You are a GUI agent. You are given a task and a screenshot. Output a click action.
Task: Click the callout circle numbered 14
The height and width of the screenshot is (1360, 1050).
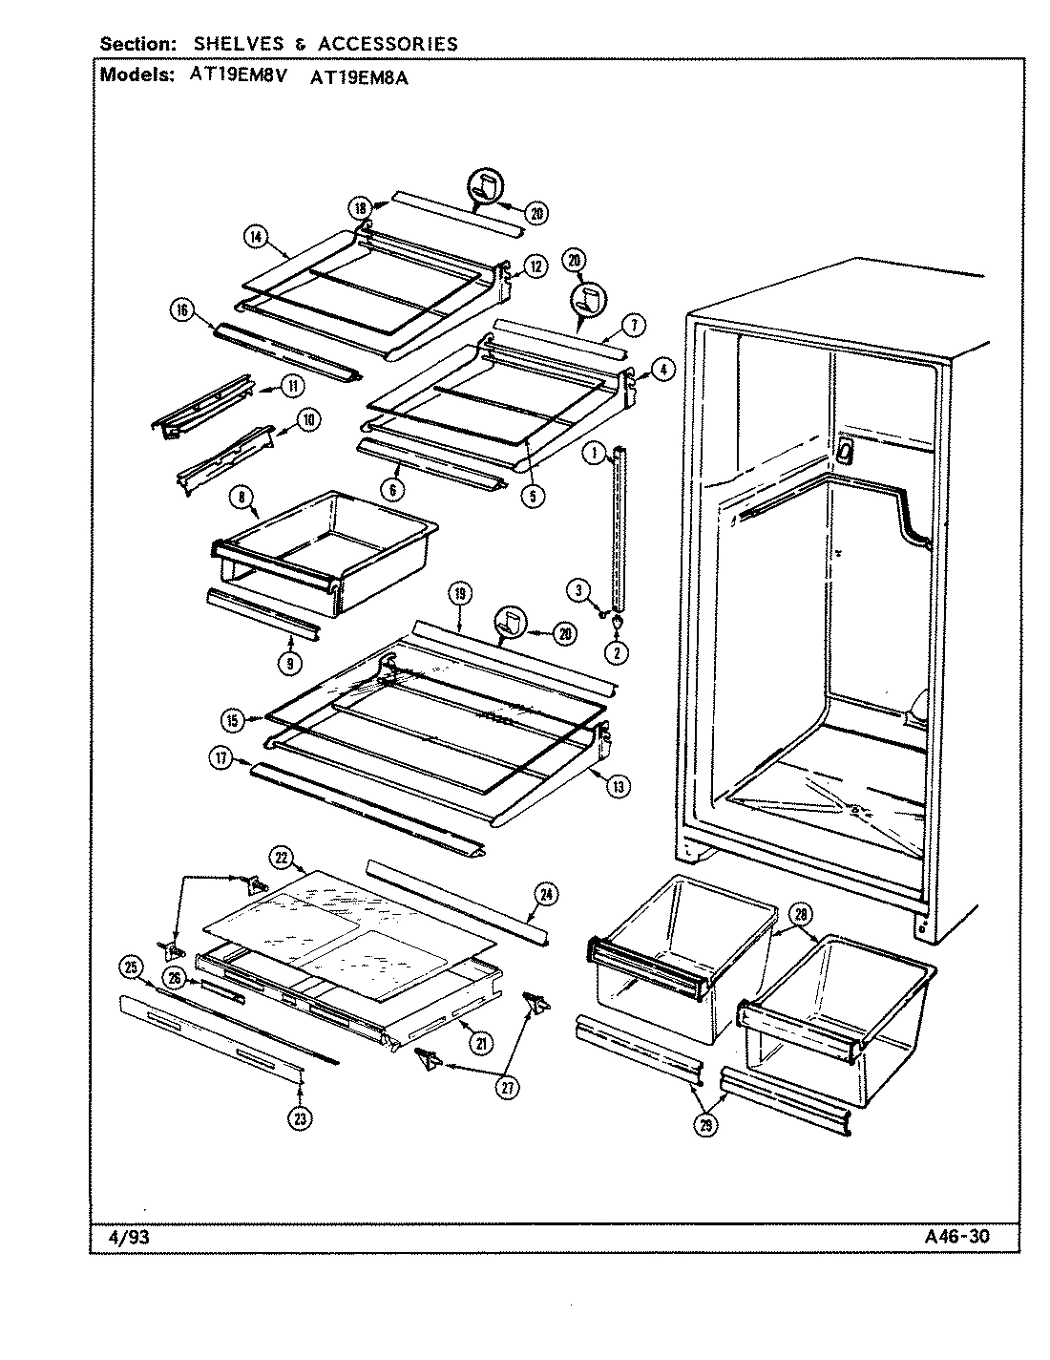click(255, 239)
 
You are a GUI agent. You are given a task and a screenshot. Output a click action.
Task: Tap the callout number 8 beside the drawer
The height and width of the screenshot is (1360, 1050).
click(241, 497)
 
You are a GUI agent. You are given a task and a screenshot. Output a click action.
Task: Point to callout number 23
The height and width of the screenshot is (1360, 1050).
click(301, 1117)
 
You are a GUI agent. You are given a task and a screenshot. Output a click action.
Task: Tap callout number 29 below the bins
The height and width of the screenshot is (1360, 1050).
click(705, 1126)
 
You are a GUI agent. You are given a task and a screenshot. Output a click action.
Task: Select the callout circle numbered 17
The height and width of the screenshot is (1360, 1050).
click(221, 758)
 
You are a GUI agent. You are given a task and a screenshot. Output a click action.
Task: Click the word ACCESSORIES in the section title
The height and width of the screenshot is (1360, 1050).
click(388, 44)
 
